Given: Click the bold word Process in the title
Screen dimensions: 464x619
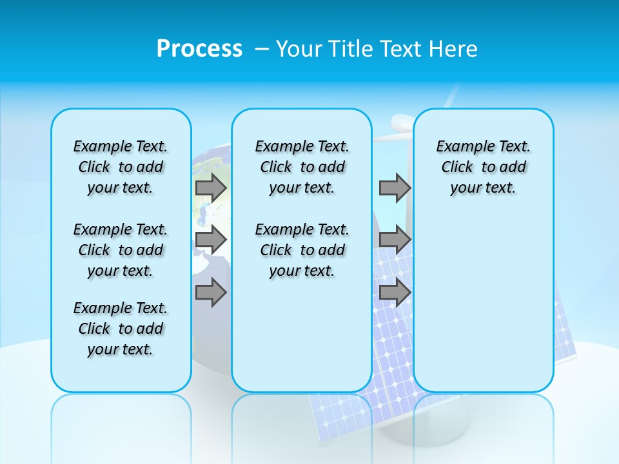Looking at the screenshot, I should pos(199,48).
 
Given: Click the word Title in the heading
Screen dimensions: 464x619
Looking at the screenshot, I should pos(352,48).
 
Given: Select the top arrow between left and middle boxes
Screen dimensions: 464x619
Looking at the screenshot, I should pos(210,188).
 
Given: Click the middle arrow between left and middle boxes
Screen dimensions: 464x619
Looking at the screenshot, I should pos(210,240).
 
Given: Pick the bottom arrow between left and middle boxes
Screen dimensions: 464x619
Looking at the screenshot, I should pos(210,293).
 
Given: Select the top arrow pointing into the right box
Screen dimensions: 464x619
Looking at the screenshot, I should pos(395,188).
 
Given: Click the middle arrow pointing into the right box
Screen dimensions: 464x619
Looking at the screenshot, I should pos(395,240).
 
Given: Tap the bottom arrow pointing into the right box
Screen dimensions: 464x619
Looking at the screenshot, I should pos(395,293).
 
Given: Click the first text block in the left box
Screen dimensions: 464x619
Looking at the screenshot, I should pos(121,167).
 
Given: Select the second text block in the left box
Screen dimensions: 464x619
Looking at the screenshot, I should pos(121,250).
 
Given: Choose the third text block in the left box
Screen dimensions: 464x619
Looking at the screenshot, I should pos(121,329).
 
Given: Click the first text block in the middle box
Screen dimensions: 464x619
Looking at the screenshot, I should pos(302,167).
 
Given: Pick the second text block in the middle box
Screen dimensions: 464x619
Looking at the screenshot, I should pos(302,250).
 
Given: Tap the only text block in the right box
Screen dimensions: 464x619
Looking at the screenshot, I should pos(483,167).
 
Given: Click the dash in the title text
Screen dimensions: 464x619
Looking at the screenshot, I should pos(261,48).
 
